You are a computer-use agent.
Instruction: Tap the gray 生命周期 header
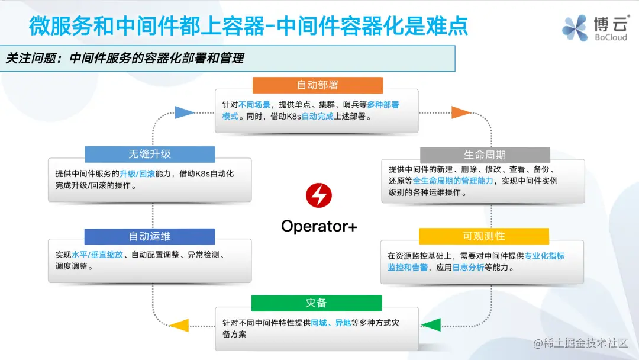click(485, 155)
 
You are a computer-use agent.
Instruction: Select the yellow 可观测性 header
click(483, 236)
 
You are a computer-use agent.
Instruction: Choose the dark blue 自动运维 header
click(150, 236)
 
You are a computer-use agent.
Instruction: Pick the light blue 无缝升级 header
click(150, 154)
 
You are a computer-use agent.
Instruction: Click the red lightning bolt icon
click(319, 195)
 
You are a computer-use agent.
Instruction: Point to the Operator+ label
click(319, 226)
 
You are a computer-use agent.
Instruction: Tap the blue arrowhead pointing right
click(185, 112)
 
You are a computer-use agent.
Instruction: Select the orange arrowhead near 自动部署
click(460, 112)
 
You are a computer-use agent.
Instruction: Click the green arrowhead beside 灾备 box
click(431, 324)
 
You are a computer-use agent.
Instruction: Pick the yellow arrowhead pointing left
click(179, 325)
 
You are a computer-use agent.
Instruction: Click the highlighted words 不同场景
click(254, 105)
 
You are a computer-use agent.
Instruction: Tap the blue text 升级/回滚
click(137, 173)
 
